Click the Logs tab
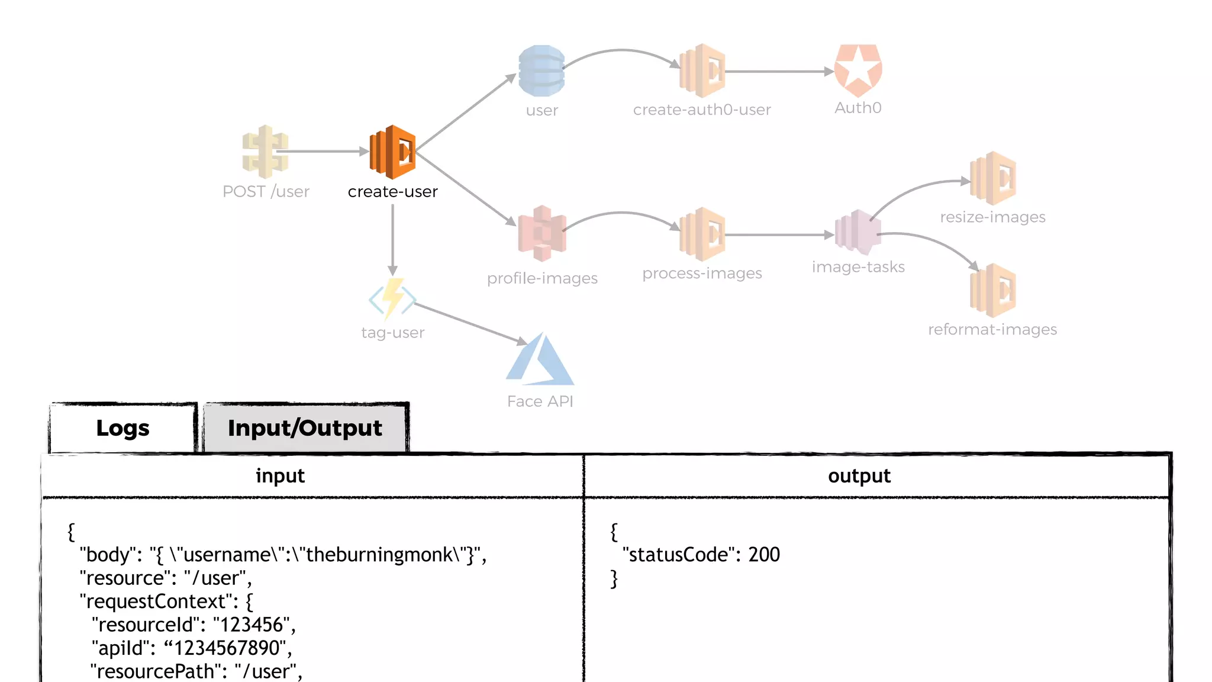click(x=123, y=428)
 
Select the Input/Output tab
click(x=305, y=428)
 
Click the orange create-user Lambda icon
click(x=392, y=152)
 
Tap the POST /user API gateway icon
click(x=265, y=152)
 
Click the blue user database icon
click(x=541, y=71)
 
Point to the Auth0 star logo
click(x=858, y=70)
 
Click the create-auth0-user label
click(x=702, y=110)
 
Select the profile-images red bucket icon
click(x=541, y=233)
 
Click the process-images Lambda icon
click(x=702, y=234)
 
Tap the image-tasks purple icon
click(x=858, y=233)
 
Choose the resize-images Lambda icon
click(x=993, y=178)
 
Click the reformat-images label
click(x=992, y=330)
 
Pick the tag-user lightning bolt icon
click(x=392, y=299)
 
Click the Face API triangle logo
click(x=540, y=359)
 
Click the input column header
click(x=280, y=476)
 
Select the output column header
click(x=859, y=476)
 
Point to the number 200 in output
click(x=764, y=555)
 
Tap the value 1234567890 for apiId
click(x=226, y=648)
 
